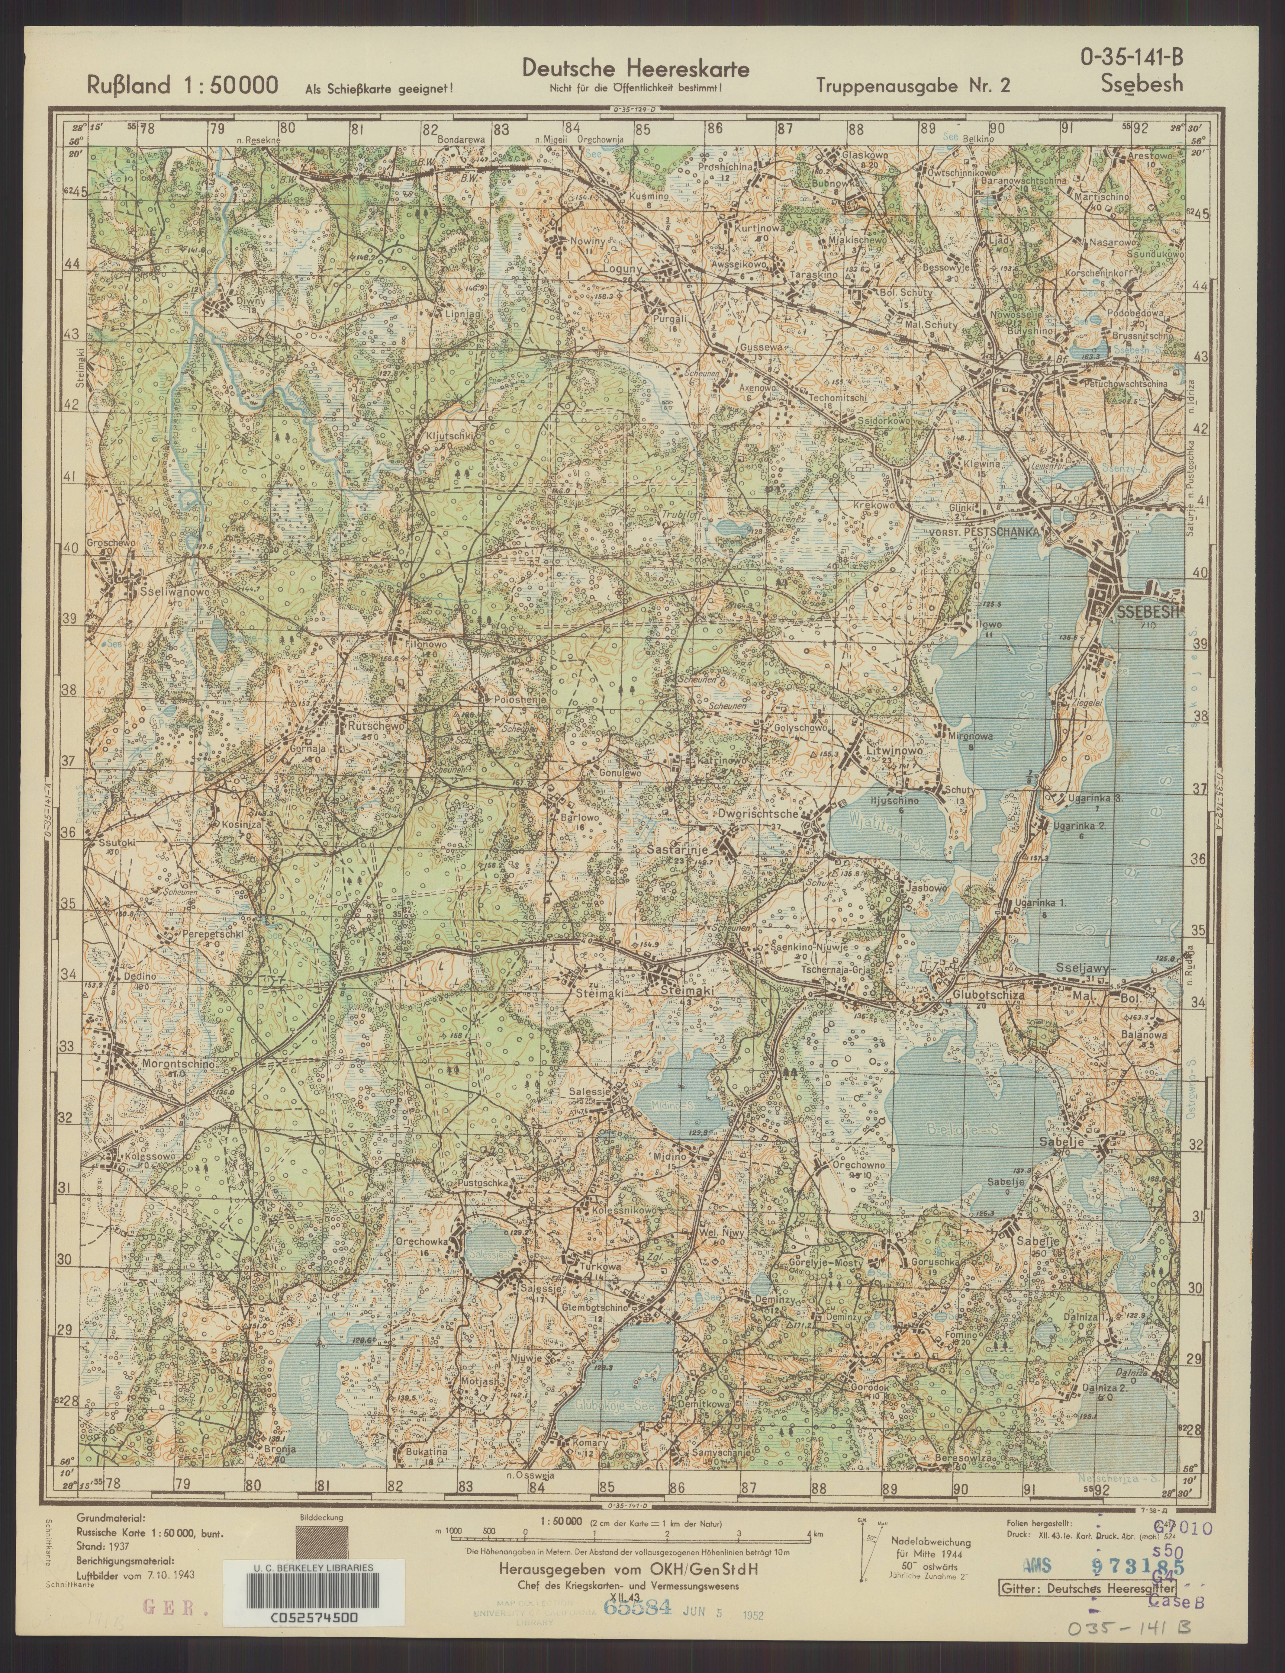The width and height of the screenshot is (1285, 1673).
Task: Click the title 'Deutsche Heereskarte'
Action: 636,69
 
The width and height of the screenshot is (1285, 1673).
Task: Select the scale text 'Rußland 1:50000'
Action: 182,86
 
